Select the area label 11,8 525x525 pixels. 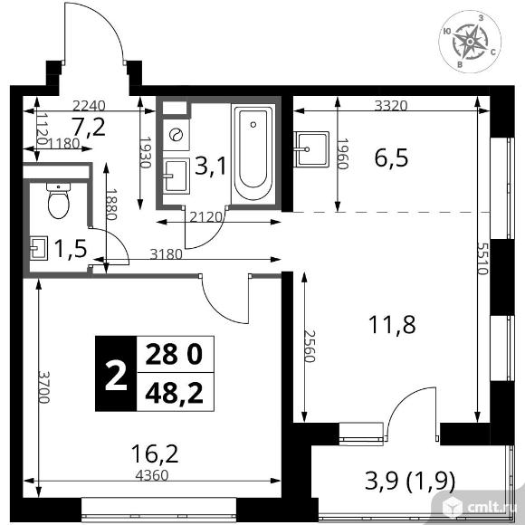(x=394, y=323)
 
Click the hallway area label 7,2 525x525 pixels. (x=89, y=125)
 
